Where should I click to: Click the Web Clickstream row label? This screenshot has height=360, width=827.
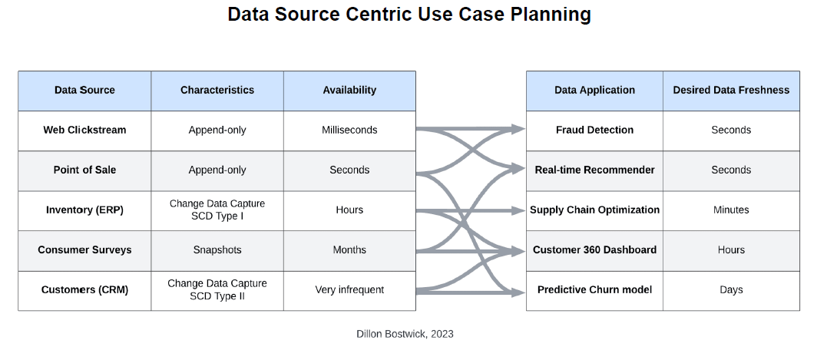(84, 130)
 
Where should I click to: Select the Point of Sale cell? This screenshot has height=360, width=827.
(84, 170)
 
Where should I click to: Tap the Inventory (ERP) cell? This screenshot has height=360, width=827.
(84, 210)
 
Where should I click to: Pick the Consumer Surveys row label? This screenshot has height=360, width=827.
(84, 249)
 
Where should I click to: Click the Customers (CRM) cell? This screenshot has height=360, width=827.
(84, 290)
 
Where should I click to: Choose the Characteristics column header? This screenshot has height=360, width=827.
(217, 90)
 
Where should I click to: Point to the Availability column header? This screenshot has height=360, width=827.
(349, 90)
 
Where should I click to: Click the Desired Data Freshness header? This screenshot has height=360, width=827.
(731, 90)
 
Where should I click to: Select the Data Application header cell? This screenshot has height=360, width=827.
(594, 90)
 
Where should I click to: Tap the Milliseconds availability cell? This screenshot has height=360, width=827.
(349, 130)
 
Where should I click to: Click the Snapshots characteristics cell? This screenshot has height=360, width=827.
(217, 249)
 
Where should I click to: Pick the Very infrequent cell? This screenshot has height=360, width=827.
(349, 290)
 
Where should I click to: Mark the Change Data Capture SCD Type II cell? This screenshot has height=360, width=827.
(217, 290)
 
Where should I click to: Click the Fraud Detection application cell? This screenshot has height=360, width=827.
(594, 130)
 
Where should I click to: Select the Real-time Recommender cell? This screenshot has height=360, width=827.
(594, 170)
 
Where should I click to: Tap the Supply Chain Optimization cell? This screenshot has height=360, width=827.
(594, 210)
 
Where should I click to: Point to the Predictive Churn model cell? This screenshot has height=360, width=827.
(594, 290)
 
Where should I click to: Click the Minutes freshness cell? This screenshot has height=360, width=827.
(731, 210)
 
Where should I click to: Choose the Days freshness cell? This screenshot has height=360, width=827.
(731, 290)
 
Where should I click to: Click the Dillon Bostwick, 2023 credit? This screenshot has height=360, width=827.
(405, 334)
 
